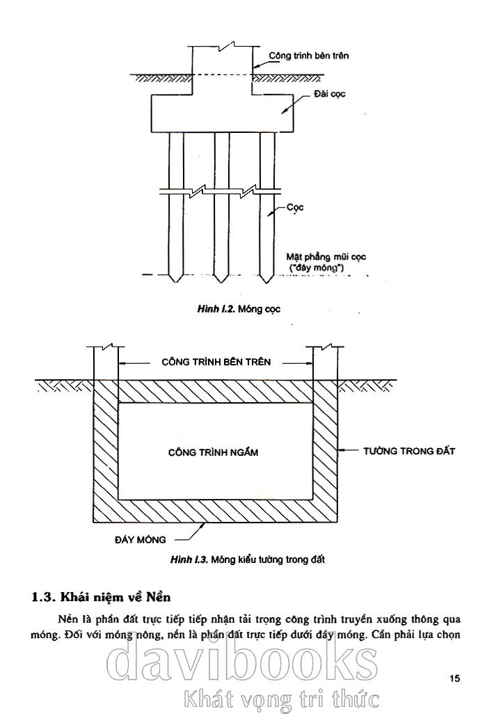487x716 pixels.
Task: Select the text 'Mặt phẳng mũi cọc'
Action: coord(326,256)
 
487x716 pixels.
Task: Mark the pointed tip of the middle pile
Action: coord(221,280)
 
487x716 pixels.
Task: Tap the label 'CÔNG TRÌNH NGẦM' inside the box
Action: coord(213,452)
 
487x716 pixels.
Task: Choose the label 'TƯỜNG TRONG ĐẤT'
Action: coord(409,451)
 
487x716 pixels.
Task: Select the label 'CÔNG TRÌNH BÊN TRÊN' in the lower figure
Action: coord(216,362)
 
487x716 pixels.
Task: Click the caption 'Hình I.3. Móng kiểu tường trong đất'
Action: coord(248,559)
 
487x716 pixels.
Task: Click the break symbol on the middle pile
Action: coord(221,189)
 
